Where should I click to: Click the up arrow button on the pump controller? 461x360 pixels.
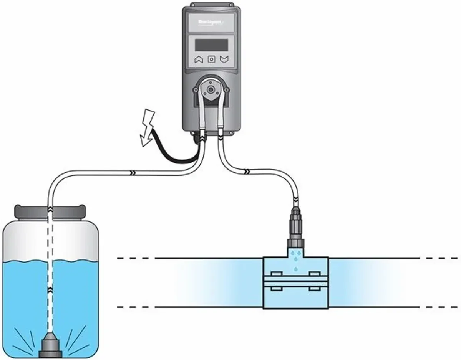point(199,59)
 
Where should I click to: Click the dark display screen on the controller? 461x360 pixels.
point(212,44)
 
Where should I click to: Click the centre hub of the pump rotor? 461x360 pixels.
point(211,89)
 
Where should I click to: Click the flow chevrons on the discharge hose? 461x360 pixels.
point(248,170)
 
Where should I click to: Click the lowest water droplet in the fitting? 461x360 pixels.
point(295,269)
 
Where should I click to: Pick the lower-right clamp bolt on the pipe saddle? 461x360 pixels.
point(315,287)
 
